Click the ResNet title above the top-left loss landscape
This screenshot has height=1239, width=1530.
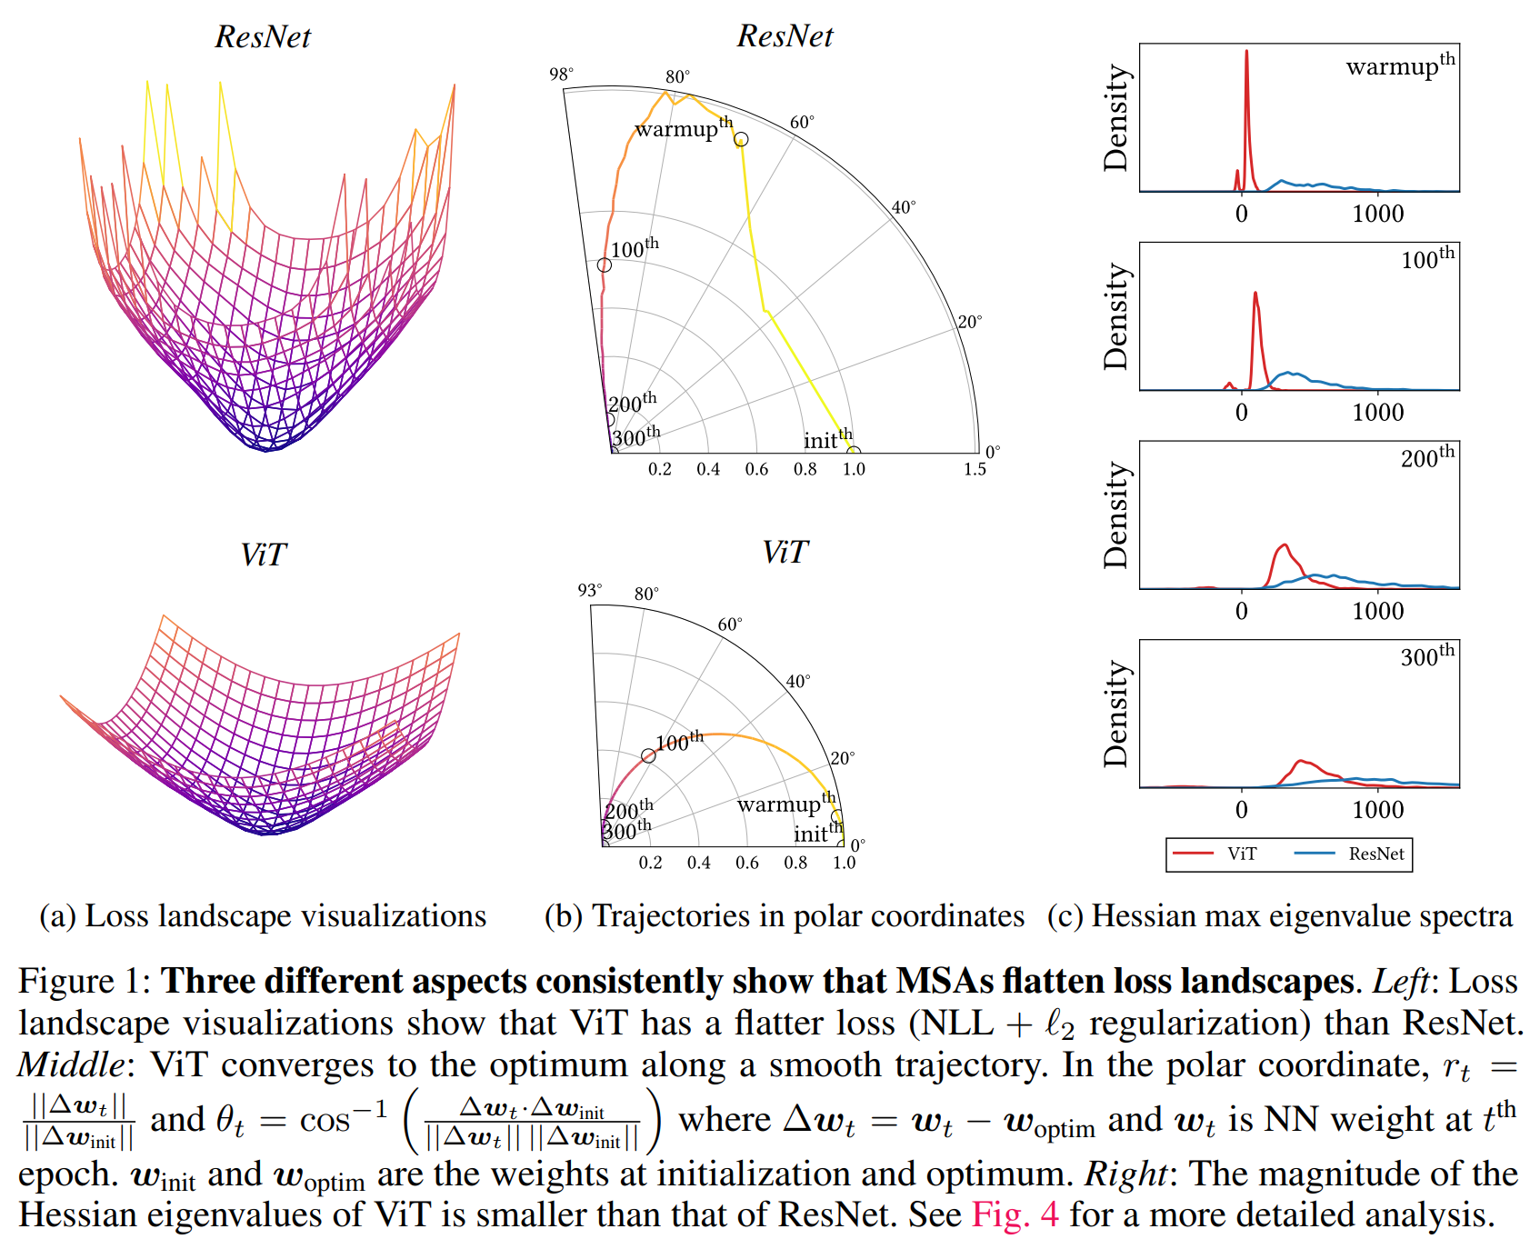pyautogui.click(x=263, y=37)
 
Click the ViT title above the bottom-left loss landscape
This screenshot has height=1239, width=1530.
pyautogui.click(x=263, y=555)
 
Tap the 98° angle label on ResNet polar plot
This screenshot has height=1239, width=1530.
pyautogui.click(x=561, y=75)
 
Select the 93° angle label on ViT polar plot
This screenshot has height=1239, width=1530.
pyautogui.click(x=589, y=591)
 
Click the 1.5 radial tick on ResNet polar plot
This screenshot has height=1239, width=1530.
pyautogui.click(x=975, y=470)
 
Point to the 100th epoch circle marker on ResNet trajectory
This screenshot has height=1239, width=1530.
pyautogui.click(x=605, y=265)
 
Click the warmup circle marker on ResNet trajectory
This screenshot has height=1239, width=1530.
pyautogui.click(x=741, y=139)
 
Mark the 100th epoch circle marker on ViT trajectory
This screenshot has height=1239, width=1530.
pyautogui.click(x=648, y=756)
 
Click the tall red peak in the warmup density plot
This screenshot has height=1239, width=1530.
pyautogui.click(x=1246, y=55)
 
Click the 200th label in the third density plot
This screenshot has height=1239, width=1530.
pyautogui.click(x=1427, y=456)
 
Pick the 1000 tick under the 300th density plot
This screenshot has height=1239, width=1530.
pyautogui.click(x=1377, y=810)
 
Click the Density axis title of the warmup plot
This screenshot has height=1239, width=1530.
pyautogui.click(x=1115, y=118)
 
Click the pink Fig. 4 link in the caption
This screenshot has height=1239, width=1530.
pyautogui.click(x=1015, y=1214)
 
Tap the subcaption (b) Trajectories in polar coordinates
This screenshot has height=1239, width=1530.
pyautogui.click(x=784, y=916)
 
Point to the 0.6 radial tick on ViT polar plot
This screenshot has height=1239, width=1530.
pyautogui.click(x=746, y=863)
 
